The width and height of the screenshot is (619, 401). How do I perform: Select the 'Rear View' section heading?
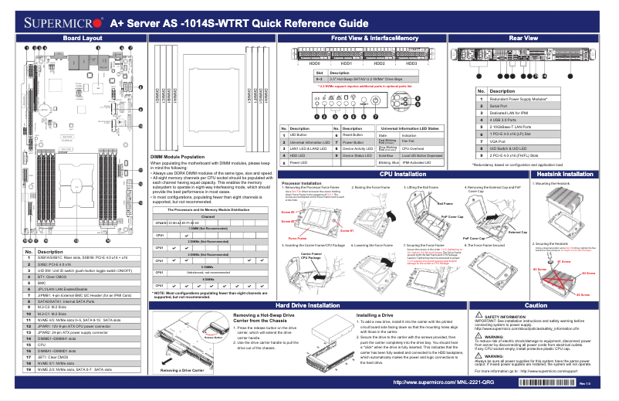click(524, 38)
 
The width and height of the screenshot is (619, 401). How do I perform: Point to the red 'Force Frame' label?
click(298, 239)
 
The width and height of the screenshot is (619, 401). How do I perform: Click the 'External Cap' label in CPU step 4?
click(518, 232)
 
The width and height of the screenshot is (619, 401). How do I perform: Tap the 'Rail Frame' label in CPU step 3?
click(445, 204)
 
